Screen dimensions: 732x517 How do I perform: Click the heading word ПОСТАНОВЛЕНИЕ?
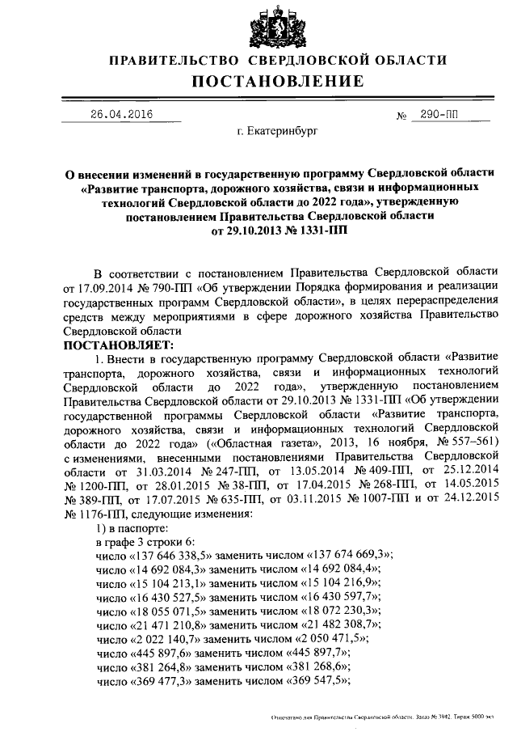pyautogui.click(x=277, y=82)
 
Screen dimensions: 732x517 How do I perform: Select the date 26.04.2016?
pyautogui.click(x=121, y=114)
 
